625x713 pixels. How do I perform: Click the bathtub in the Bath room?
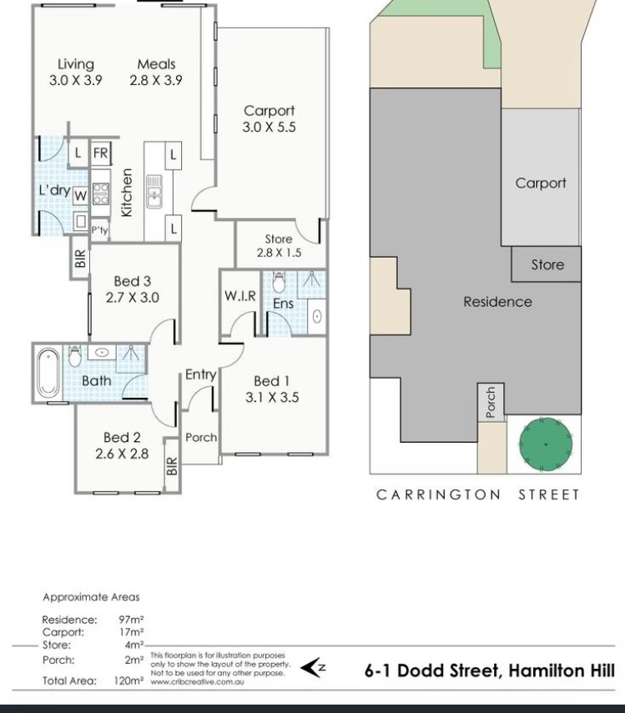click(x=48, y=373)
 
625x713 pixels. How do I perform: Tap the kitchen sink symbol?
click(x=154, y=192)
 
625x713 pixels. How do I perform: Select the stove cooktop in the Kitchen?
click(x=101, y=193)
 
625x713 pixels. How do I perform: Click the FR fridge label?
click(x=100, y=153)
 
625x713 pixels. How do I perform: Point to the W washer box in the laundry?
click(x=80, y=196)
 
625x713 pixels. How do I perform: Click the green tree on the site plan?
click(x=546, y=444)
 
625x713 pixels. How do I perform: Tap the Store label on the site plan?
click(x=547, y=264)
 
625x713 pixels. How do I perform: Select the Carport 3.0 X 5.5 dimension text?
click(x=269, y=127)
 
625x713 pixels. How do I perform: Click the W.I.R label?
click(x=240, y=296)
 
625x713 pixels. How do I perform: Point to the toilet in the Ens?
click(x=279, y=283)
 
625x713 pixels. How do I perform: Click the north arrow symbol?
click(x=314, y=668)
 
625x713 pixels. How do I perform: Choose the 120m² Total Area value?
click(x=129, y=680)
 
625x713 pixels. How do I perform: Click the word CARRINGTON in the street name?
click(x=438, y=495)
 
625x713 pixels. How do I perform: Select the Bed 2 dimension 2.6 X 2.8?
click(x=122, y=454)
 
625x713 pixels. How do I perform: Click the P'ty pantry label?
click(x=99, y=230)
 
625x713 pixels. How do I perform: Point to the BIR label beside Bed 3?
click(x=80, y=259)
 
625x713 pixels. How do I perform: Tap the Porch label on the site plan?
click(x=491, y=403)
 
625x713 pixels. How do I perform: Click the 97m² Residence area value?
click(x=132, y=620)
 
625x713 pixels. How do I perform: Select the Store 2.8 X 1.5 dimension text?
click(x=279, y=253)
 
